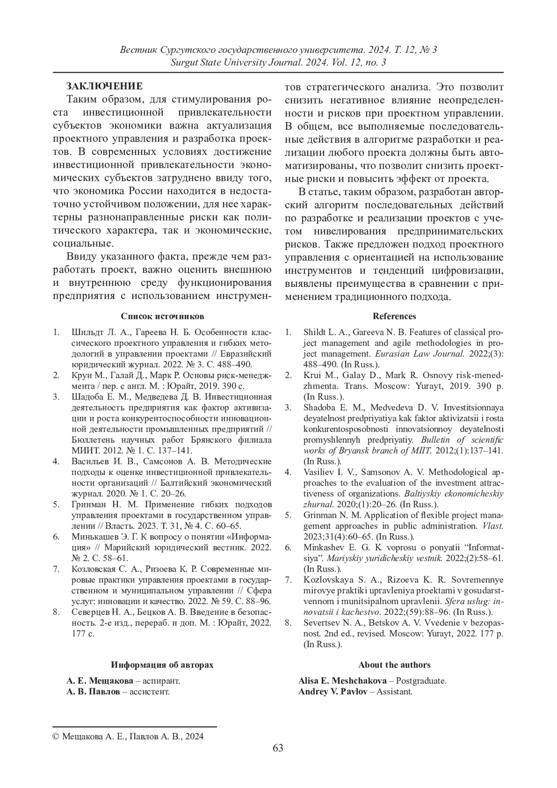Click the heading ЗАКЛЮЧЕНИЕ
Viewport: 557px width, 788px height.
(104, 86)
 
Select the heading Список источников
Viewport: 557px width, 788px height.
(162, 316)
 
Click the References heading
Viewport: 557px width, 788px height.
(394, 316)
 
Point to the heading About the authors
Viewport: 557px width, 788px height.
(394, 664)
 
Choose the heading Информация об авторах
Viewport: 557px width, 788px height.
(162, 664)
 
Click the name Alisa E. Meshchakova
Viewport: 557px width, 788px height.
(343, 681)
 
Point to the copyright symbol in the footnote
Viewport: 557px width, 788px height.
(56, 736)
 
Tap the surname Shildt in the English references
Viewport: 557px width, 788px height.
(314, 332)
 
